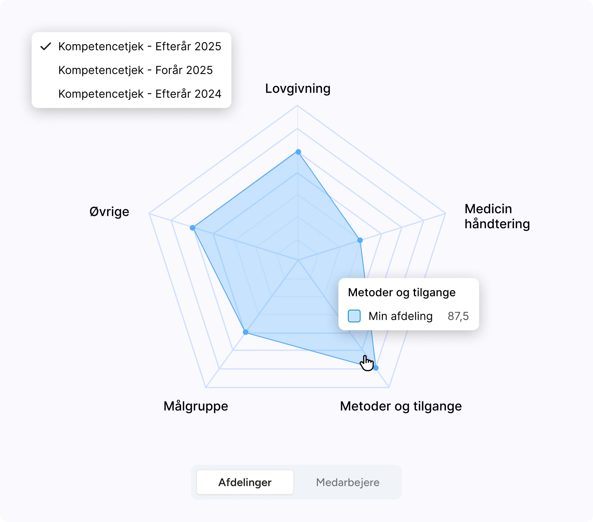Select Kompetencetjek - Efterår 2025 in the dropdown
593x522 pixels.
[x=140, y=47]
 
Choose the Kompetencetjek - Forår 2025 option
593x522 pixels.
[x=136, y=70]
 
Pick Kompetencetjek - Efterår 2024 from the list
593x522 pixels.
[x=140, y=94]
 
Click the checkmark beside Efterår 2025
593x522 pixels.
[x=46, y=47]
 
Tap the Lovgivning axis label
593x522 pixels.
[x=298, y=89]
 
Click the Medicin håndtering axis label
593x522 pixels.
[x=497, y=216]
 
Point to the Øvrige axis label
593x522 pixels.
[x=109, y=212]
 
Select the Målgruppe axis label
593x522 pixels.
[x=196, y=406]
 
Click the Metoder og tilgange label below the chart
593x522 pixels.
[x=401, y=406]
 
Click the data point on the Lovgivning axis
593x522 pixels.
[x=298, y=152]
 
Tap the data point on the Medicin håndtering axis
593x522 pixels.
[x=360, y=240]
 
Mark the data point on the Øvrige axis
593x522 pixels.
[x=192, y=228]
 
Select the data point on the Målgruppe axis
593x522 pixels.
[x=246, y=333]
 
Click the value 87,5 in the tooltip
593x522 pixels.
[x=458, y=316]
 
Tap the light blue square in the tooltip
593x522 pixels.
[x=354, y=316]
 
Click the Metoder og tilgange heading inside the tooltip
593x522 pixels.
[x=402, y=292]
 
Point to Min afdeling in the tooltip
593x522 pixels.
[x=400, y=316]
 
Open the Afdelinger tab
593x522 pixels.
[x=245, y=482]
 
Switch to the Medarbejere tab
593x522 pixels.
[x=347, y=482]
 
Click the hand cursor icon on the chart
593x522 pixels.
[x=367, y=363]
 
